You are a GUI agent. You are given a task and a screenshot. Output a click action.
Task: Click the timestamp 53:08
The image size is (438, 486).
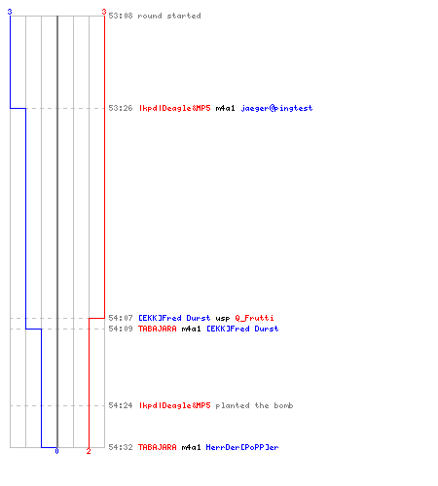click(121, 16)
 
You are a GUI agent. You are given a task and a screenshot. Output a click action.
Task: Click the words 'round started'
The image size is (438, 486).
click(169, 16)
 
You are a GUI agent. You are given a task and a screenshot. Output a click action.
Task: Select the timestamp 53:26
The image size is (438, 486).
click(121, 108)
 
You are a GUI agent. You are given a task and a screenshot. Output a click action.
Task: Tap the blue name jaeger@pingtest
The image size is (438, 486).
click(276, 108)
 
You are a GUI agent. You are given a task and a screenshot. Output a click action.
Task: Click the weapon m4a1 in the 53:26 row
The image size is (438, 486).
click(225, 108)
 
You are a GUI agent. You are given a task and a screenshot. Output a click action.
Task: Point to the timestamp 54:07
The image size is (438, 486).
click(121, 318)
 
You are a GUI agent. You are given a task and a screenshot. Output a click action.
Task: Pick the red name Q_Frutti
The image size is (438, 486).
click(254, 318)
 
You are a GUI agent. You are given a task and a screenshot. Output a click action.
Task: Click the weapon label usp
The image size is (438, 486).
click(223, 319)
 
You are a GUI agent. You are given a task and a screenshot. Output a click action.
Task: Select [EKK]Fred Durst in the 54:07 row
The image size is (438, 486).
click(174, 318)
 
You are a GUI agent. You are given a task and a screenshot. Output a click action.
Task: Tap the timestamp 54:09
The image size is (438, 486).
click(121, 329)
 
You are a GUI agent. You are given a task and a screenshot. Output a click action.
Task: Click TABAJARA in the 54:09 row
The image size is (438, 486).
click(158, 329)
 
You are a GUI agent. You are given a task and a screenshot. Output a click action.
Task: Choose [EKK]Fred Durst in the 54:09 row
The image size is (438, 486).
click(242, 329)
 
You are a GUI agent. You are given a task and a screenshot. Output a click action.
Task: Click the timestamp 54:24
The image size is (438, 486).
click(121, 405)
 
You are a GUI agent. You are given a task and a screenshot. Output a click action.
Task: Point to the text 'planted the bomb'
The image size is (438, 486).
click(254, 405)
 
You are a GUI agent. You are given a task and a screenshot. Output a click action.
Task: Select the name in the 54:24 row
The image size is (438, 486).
click(175, 405)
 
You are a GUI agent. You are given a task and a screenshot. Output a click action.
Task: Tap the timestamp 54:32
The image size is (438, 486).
click(121, 447)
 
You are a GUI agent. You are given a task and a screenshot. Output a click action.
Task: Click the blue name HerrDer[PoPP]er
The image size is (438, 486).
click(242, 447)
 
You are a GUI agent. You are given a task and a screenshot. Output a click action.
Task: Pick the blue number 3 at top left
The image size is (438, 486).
click(10, 12)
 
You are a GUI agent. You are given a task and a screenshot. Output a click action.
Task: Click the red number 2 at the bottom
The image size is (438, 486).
click(89, 451)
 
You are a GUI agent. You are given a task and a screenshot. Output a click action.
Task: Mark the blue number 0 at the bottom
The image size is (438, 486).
click(56, 451)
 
